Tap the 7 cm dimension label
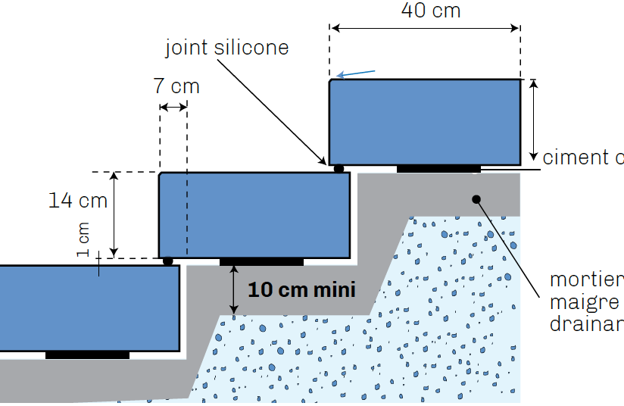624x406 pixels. (176, 86)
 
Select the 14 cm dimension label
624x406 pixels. (78, 201)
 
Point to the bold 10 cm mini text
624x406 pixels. (301, 290)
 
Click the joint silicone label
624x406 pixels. (227, 48)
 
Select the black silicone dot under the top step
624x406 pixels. (339, 168)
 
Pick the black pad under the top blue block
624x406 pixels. (438, 168)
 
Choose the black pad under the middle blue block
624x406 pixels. (261, 262)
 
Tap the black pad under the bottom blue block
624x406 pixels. (87, 354)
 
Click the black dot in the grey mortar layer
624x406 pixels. (477, 199)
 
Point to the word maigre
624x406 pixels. (584, 303)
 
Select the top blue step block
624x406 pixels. (424, 121)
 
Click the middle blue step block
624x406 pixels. (254, 215)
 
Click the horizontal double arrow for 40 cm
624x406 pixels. (424, 29)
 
